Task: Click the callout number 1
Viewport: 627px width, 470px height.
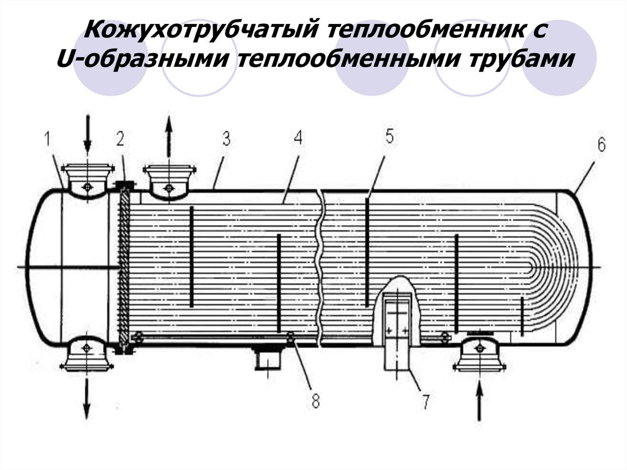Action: pos(47,140)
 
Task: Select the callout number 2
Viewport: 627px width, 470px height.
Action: pos(120,140)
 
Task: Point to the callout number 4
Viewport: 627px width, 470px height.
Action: pos(298,137)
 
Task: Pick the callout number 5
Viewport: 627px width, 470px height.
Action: pos(389,137)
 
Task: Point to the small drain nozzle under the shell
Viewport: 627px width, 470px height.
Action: pos(267,358)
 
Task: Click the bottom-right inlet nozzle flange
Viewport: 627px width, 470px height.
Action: pos(479,366)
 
